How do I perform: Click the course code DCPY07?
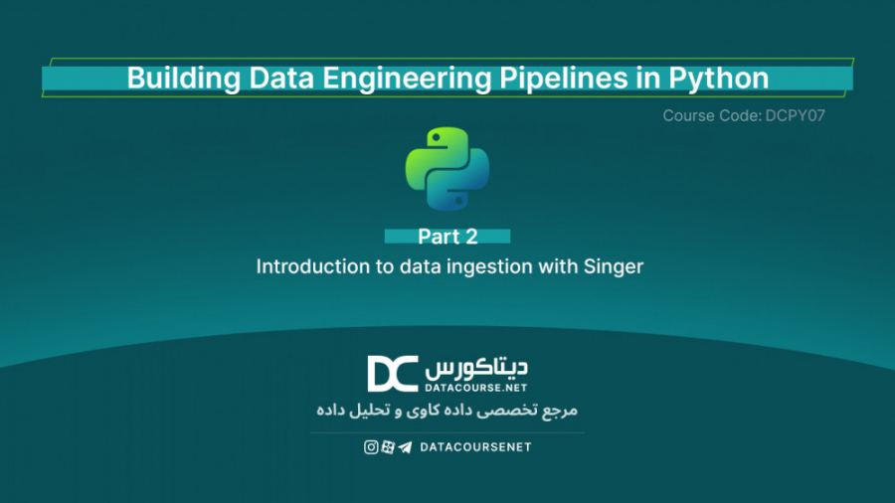pos(796,116)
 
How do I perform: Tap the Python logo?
pos(447,168)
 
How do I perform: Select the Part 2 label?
pos(447,237)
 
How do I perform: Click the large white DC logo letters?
pos(393,374)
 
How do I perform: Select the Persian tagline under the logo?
pos(447,411)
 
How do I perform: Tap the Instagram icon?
pos(371,447)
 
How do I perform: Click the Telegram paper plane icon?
pos(405,447)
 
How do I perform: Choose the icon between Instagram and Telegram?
pos(388,447)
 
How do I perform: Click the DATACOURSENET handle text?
pos(475,447)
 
